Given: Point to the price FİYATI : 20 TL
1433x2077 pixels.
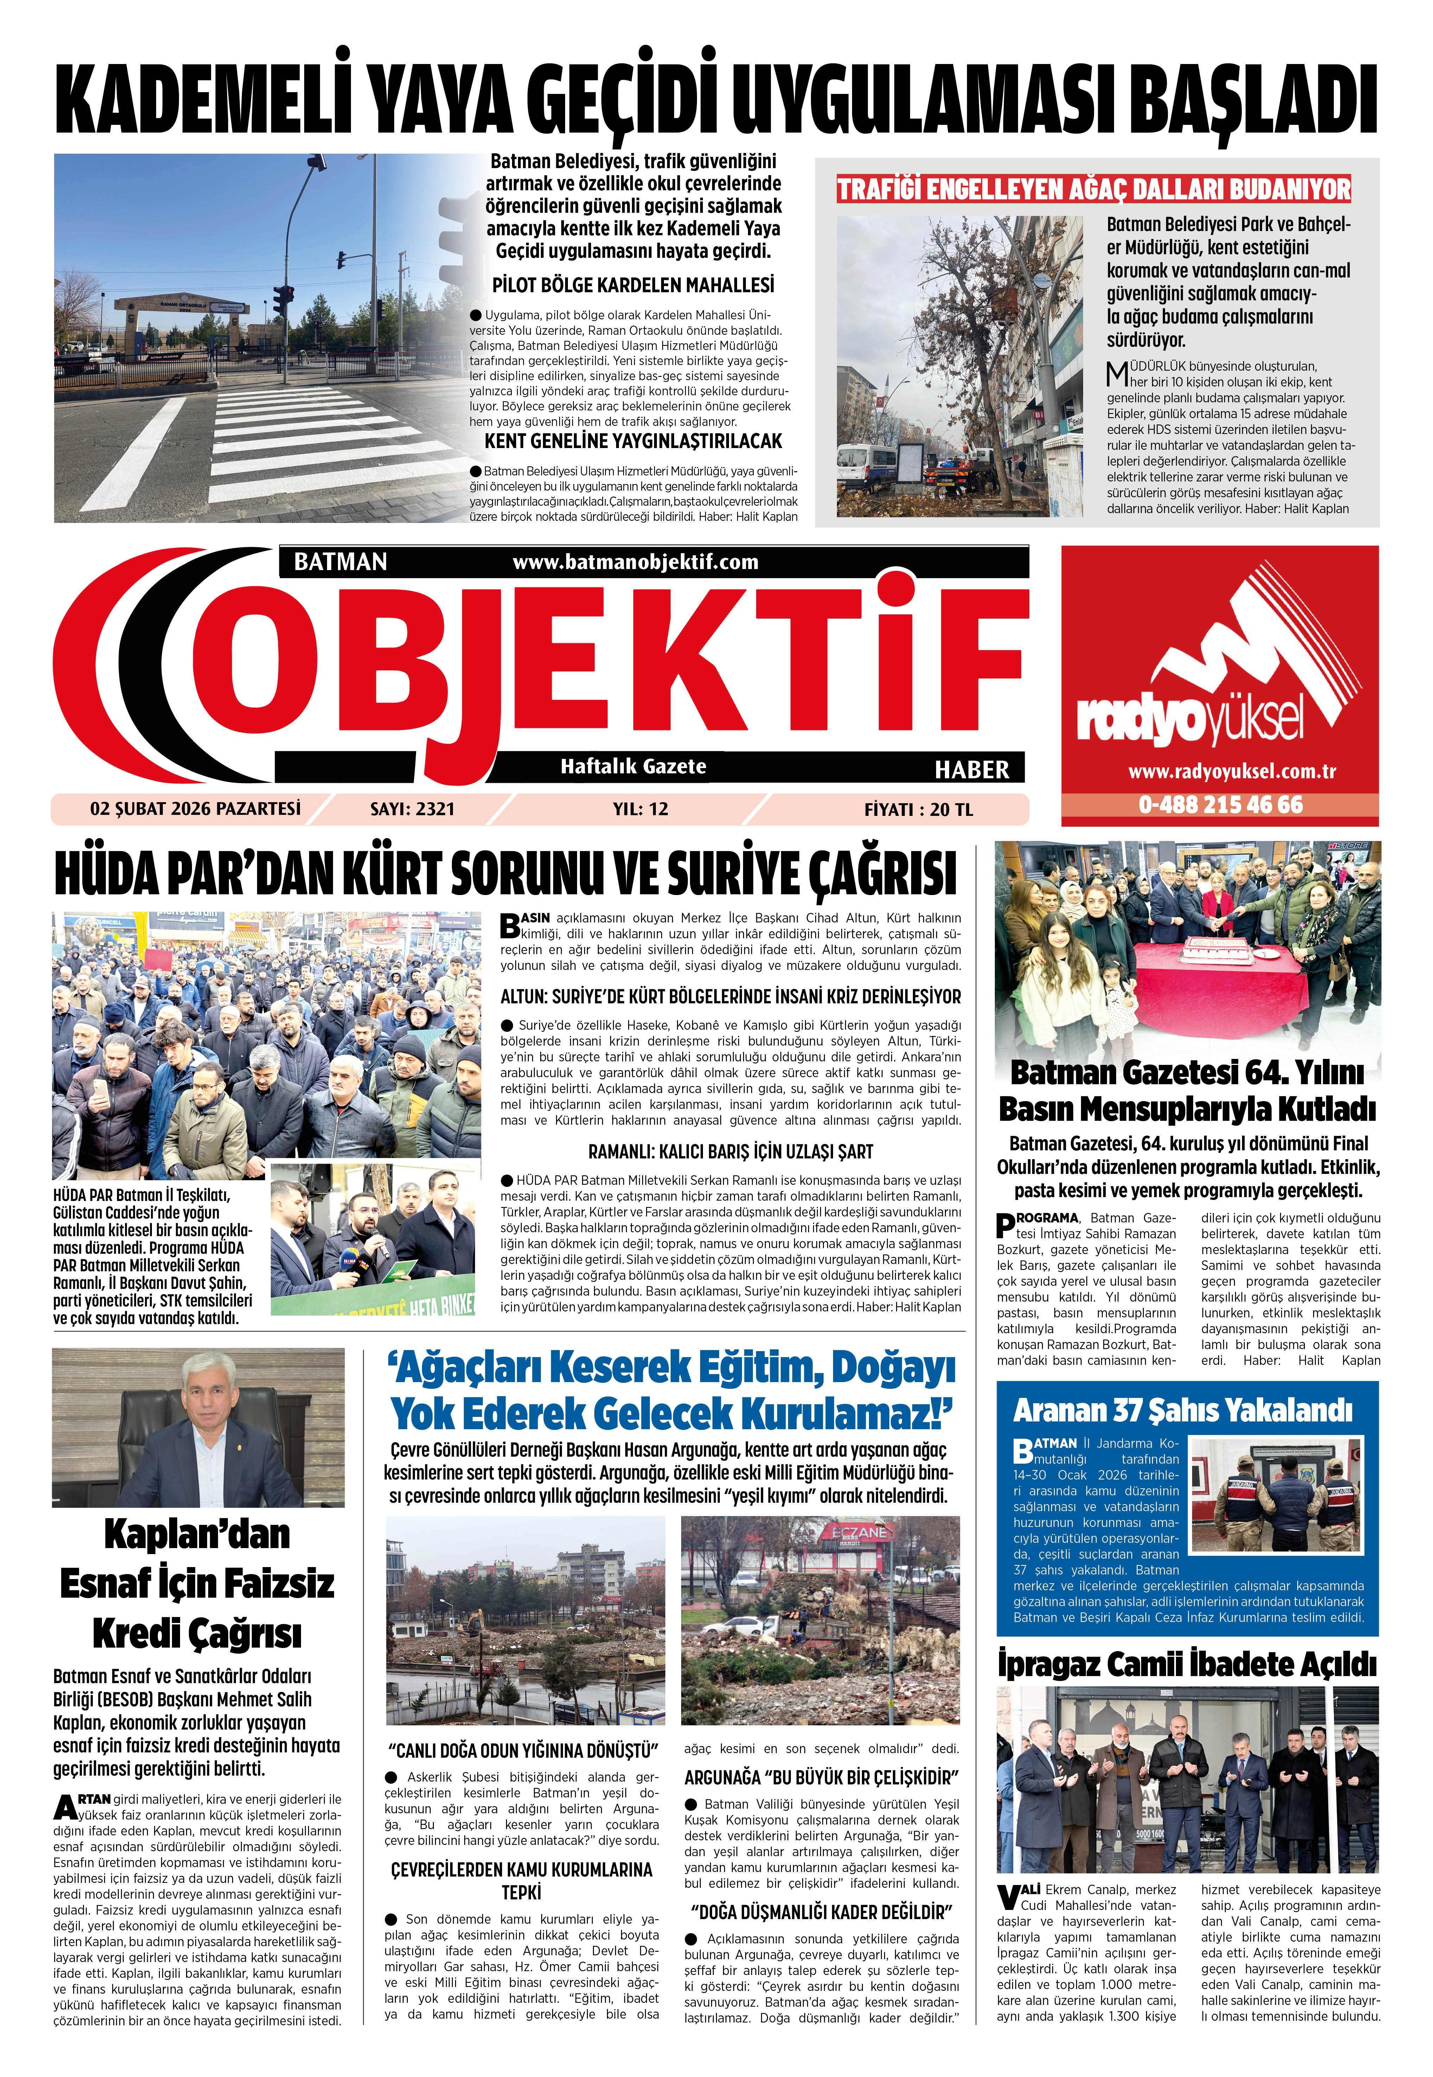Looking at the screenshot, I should click(x=917, y=810).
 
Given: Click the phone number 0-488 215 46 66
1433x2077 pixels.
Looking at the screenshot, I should click(x=1219, y=805).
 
